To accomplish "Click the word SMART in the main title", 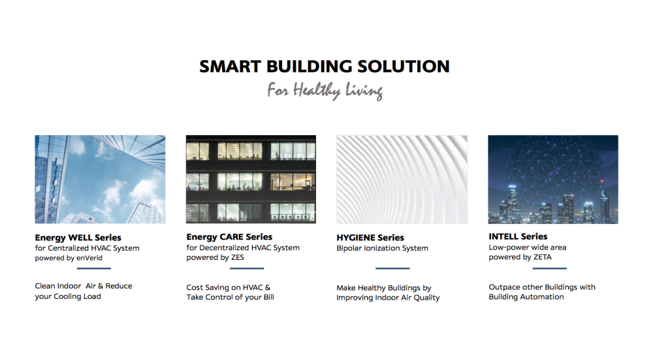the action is pyautogui.click(x=231, y=67).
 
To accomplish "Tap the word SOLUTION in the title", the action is pyautogui.click(x=404, y=67).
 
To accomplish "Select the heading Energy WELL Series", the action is pyautogui.click(x=78, y=238).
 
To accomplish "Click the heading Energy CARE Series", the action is pyautogui.click(x=229, y=237).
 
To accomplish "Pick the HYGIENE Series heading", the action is pyautogui.click(x=370, y=238).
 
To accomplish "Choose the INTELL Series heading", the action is pyautogui.click(x=518, y=236).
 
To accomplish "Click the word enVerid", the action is pyautogui.click(x=89, y=258).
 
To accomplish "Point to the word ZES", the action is pyautogui.click(x=238, y=257).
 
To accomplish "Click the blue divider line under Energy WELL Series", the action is pyautogui.click(x=93, y=268).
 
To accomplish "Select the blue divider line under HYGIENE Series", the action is pyautogui.click(x=392, y=268).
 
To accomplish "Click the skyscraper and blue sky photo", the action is pyautogui.click(x=100, y=180).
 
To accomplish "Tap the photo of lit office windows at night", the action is pyautogui.click(x=251, y=180).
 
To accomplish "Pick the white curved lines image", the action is pyautogui.click(x=402, y=180).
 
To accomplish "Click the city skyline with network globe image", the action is pyautogui.click(x=553, y=180).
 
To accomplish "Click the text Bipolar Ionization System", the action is pyautogui.click(x=382, y=248).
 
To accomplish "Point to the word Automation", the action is pyautogui.click(x=545, y=297).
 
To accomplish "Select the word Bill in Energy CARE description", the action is pyautogui.click(x=268, y=297).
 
